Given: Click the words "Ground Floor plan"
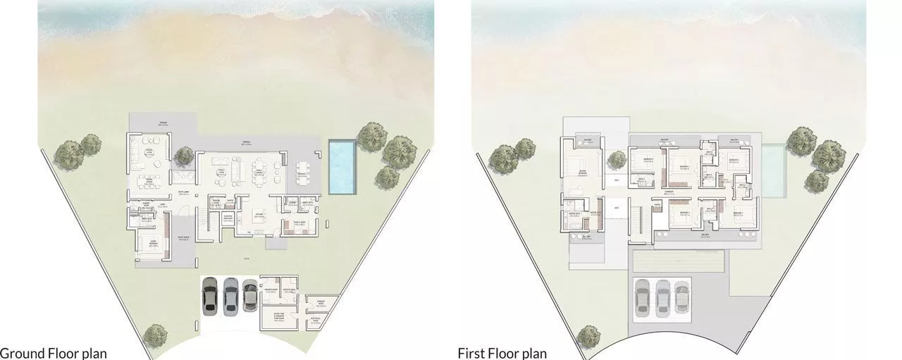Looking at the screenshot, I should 54,352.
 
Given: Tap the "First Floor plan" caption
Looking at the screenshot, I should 502,352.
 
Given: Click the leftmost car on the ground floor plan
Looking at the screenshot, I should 210,295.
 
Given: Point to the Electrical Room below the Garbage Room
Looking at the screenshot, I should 322,323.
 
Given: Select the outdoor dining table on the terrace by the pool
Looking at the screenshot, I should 302,173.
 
